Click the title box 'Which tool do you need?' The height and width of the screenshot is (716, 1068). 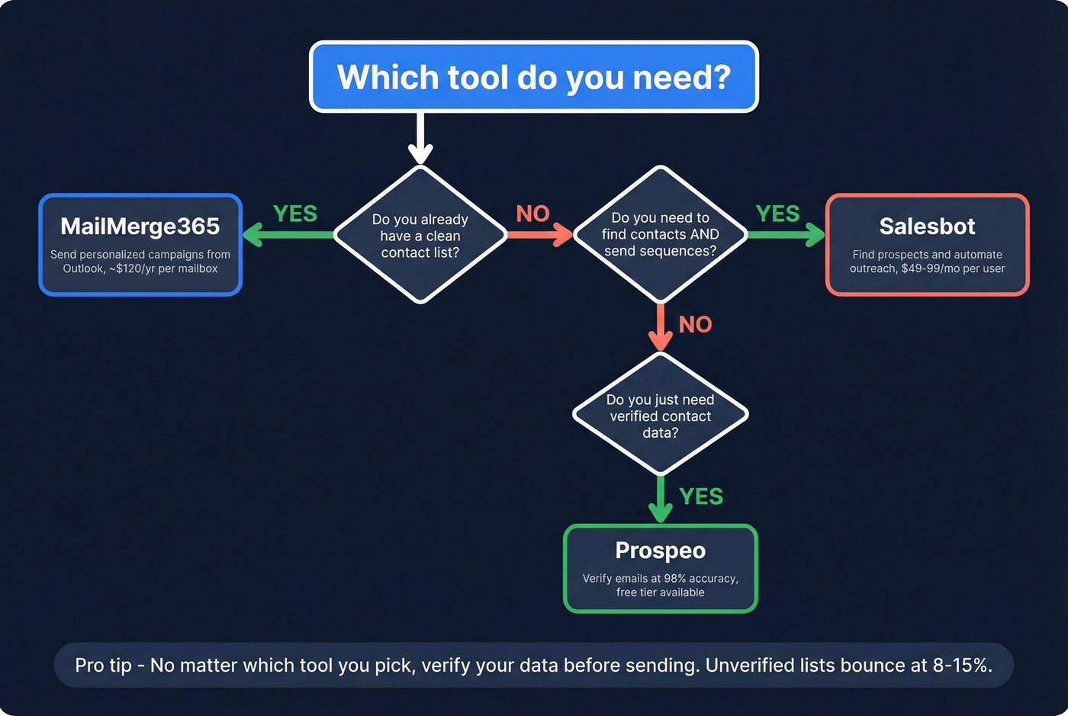(533, 77)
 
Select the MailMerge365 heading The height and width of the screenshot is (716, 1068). (140, 226)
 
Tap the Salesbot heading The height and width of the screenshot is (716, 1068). (927, 226)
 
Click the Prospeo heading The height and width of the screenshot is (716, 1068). (660, 551)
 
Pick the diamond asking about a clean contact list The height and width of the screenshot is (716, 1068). (420, 236)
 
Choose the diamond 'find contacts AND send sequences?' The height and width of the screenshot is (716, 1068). (660, 234)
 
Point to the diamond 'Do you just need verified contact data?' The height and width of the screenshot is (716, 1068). (660, 416)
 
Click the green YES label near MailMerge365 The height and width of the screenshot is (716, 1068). (294, 214)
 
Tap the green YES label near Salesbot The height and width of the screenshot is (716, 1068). (777, 214)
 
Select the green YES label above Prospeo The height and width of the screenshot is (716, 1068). (700, 496)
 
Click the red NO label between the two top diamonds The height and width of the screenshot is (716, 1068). (532, 214)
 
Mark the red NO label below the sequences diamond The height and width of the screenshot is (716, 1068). (695, 325)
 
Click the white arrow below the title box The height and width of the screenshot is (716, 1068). (420, 140)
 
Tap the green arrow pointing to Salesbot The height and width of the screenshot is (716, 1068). (786, 235)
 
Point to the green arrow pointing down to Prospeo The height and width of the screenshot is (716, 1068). (660, 500)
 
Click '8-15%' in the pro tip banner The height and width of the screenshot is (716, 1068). (962, 666)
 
